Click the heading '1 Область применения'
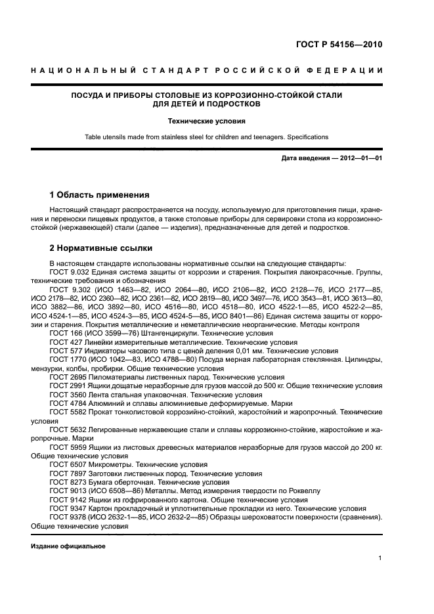pos(100,195)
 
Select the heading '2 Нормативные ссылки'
pos(101,248)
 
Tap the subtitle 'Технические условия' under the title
pos(206,121)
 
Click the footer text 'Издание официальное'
pos(68,546)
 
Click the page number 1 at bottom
pos(380,558)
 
